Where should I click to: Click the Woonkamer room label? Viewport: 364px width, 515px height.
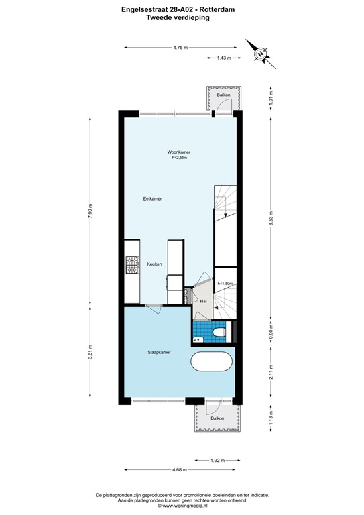pyautogui.click(x=178, y=152)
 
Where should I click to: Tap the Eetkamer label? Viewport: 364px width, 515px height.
pyautogui.click(x=153, y=199)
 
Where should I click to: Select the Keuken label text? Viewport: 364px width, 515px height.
pyautogui.click(x=155, y=264)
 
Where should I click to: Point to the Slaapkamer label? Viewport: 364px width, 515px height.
pyautogui.click(x=159, y=351)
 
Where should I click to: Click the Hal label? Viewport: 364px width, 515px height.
pyautogui.click(x=202, y=302)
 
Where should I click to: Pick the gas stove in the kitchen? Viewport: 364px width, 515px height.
pyautogui.click(x=130, y=266)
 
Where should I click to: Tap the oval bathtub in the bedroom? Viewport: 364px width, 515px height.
pyautogui.click(x=212, y=364)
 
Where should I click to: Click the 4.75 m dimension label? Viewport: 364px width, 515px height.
pyautogui.click(x=180, y=48)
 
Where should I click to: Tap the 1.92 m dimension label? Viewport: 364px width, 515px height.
pyautogui.click(x=216, y=461)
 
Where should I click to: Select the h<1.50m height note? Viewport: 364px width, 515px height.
pyautogui.click(x=225, y=284)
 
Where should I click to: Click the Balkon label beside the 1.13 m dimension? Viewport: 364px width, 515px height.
pyautogui.click(x=217, y=418)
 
